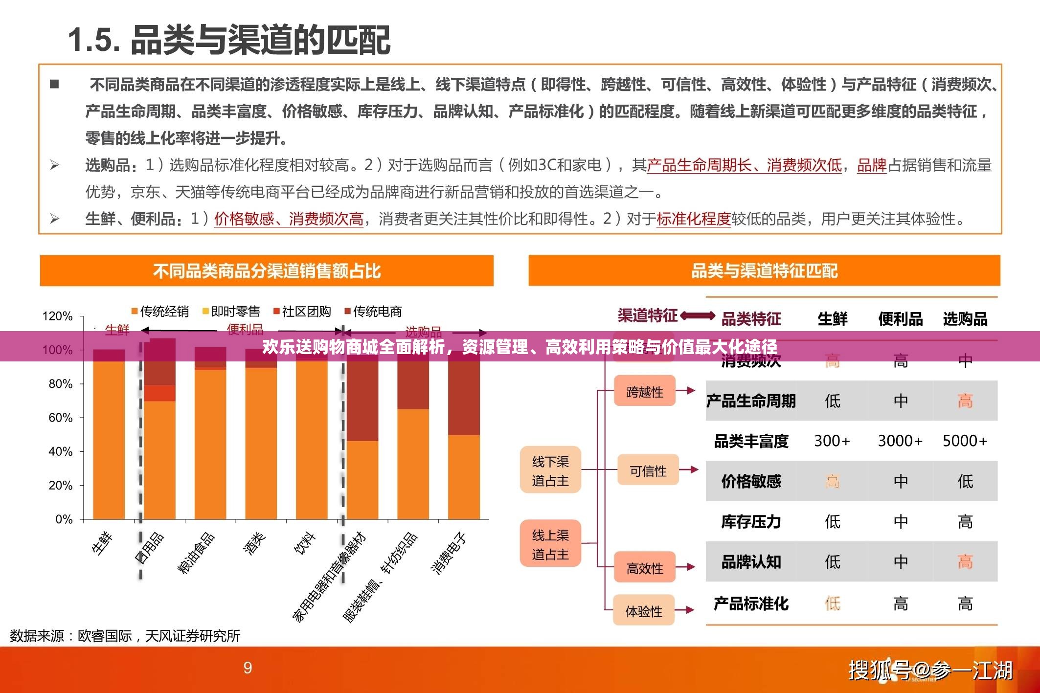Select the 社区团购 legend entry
[x=302, y=312]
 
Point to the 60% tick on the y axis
[x=60, y=418]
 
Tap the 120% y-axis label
[x=57, y=316]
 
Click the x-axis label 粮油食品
[x=196, y=553]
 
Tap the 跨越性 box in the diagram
[x=644, y=391]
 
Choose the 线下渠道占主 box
[x=550, y=470]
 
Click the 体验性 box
[x=643, y=611]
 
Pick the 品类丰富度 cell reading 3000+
[x=900, y=441]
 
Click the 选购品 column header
[x=965, y=319]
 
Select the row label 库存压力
[x=751, y=522]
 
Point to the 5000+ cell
[x=965, y=441]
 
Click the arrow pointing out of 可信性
[x=689, y=469]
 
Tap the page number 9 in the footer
[x=248, y=668]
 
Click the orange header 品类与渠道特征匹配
[x=764, y=270]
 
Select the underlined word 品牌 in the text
[x=872, y=165]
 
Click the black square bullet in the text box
[x=54, y=84]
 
